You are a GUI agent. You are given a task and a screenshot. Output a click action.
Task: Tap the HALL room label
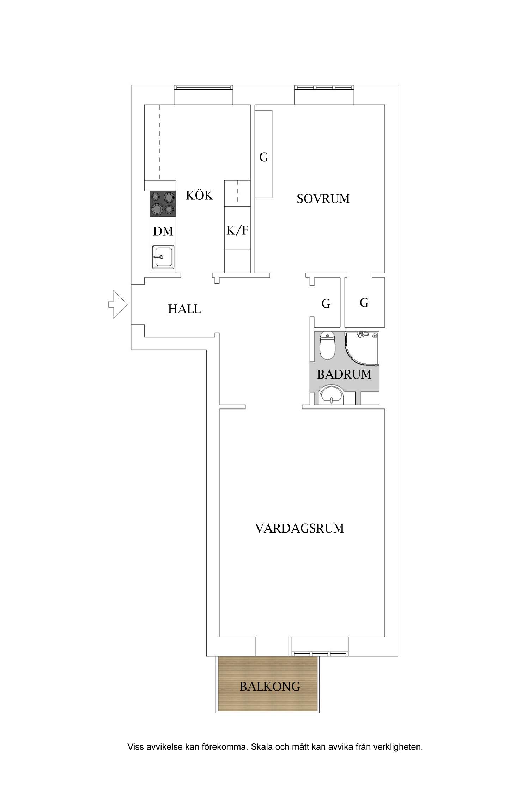pos(184,309)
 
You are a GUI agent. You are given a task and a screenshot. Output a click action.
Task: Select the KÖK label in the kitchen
pos(199,196)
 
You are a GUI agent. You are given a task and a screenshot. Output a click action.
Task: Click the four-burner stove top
pos(163,204)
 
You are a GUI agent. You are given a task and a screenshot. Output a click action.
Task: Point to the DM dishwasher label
pos(163,232)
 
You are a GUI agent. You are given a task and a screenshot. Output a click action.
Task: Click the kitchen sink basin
pos(163,257)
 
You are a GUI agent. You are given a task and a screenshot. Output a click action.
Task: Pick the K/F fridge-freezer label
pos(237,230)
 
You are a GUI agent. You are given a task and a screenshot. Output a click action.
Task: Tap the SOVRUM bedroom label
pos(323,199)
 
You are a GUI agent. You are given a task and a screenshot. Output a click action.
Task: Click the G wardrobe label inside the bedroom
pos(264,158)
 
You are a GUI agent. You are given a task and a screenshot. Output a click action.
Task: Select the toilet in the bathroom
pos(327,346)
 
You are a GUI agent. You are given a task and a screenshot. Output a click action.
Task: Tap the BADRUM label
pos(344,374)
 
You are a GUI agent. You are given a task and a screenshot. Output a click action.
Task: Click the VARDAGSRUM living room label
pos(299,528)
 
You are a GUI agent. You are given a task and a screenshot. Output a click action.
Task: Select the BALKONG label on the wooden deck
pos(270,687)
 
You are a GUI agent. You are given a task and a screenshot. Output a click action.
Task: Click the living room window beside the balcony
pos(320,653)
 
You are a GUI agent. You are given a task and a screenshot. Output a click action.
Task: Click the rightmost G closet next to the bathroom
pos(364,302)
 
